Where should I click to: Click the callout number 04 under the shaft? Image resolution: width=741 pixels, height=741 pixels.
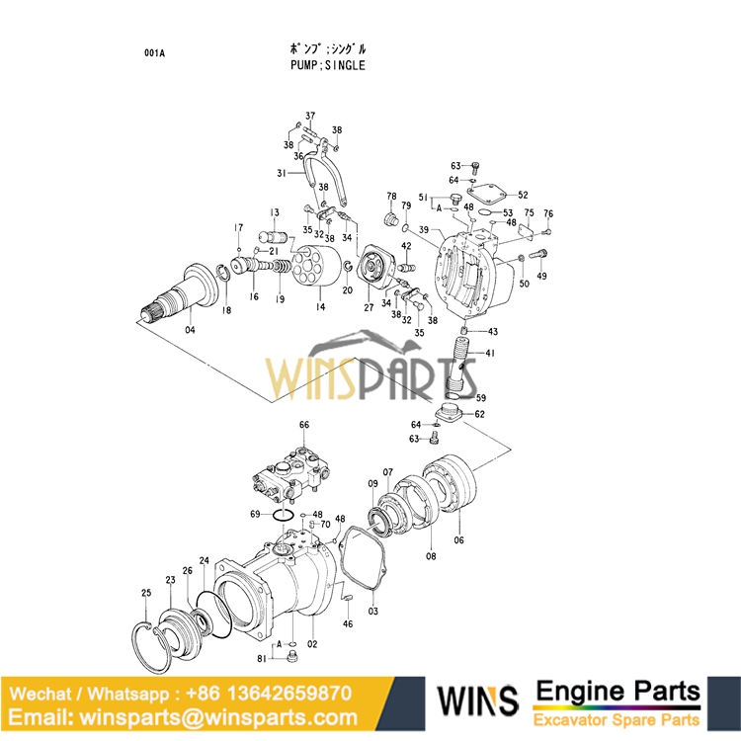click(x=190, y=330)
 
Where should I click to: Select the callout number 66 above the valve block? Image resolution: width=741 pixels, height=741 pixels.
click(x=304, y=425)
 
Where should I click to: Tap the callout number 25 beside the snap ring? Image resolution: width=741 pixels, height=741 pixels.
click(x=146, y=593)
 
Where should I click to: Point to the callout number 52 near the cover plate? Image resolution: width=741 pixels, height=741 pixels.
click(x=523, y=196)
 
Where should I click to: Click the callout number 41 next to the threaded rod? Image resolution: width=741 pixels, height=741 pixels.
click(x=490, y=353)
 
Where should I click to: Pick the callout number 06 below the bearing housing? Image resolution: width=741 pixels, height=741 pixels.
click(x=458, y=539)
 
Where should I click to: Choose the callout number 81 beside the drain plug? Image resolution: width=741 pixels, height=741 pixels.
click(x=262, y=659)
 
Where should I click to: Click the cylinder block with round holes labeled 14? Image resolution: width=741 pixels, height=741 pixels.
click(x=318, y=267)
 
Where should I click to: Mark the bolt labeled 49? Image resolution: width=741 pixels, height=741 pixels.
click(x=539, y=255)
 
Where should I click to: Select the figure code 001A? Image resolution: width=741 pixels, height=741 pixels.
click(x=155, y=52)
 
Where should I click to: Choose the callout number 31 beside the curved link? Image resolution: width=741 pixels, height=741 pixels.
click(x=282, y=172)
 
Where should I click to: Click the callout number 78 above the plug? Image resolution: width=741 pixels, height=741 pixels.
click(x=391, y=197)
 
